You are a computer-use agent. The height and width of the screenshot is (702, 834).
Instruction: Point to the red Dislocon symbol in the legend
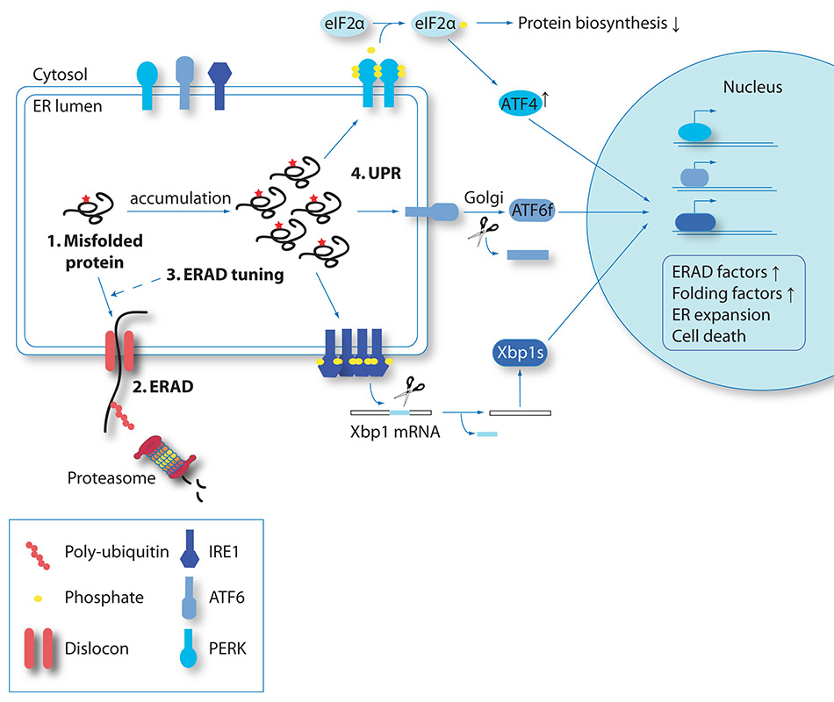[x=40, y=649]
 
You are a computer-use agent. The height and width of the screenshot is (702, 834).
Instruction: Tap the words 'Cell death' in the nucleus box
[x=704, y=334]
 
